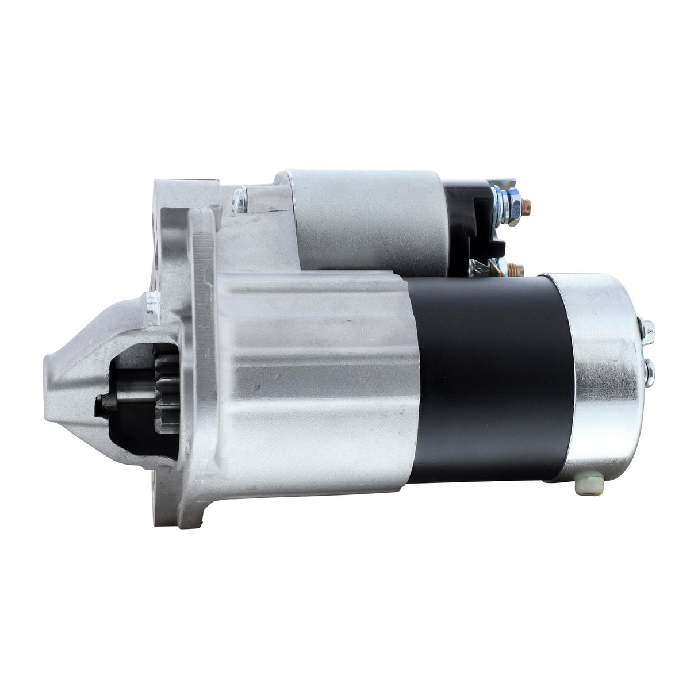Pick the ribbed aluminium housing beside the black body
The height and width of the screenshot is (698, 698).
coord(310,374)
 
